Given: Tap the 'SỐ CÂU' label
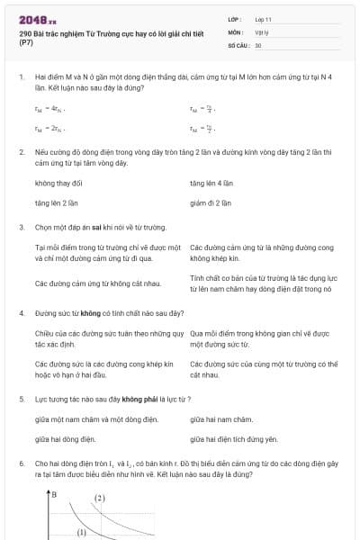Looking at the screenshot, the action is point(238,44).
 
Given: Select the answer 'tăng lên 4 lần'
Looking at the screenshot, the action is point(211,183).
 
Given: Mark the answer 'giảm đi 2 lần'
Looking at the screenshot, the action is point(211,202).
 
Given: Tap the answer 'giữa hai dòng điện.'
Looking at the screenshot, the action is point(65,439).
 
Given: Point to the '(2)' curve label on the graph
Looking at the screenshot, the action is point(99,498).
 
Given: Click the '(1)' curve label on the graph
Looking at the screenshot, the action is point(80,532).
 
